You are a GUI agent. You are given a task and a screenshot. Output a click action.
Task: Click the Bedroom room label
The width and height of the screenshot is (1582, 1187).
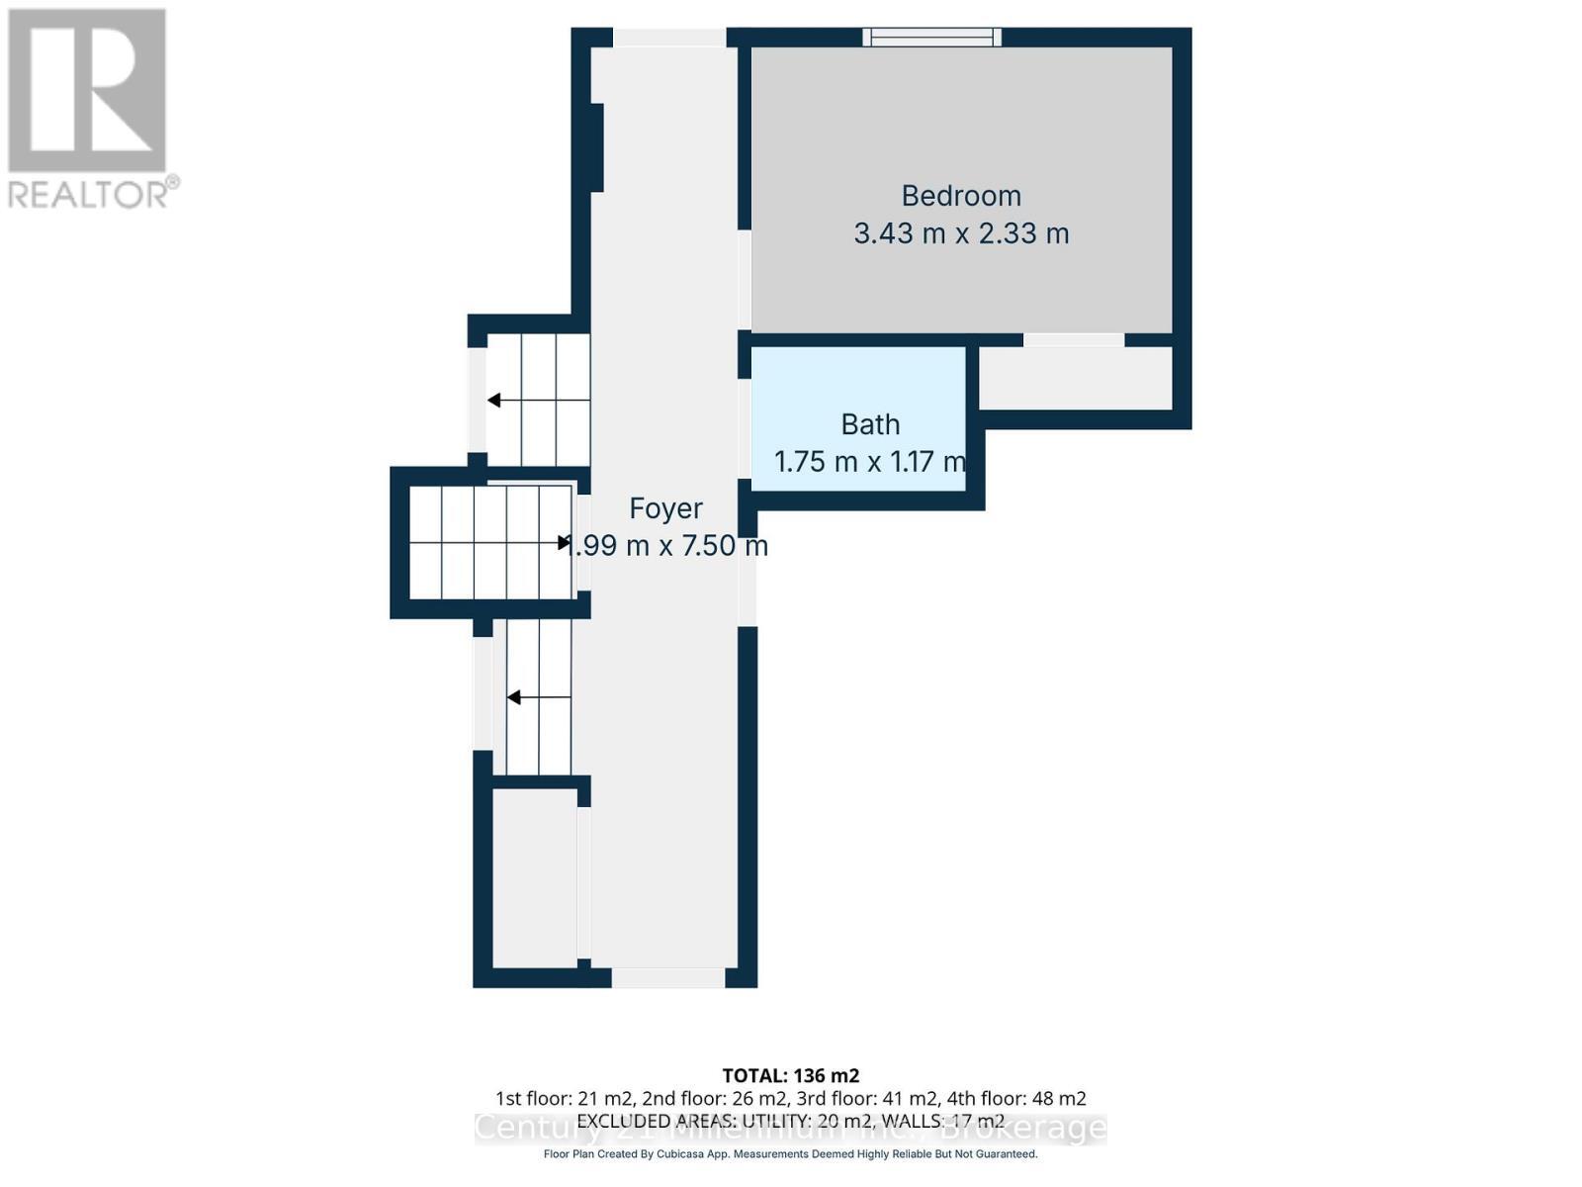tap(960, 196)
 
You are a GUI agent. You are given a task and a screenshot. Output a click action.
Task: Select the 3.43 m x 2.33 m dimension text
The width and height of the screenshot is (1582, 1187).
tap(960, 234)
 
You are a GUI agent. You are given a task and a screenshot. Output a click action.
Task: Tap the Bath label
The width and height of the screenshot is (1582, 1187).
tap(870, 424)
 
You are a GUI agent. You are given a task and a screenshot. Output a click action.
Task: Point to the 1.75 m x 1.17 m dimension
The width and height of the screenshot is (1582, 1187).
tap(869, 462)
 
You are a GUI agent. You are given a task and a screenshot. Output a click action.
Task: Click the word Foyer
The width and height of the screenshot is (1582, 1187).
tap(665, 508)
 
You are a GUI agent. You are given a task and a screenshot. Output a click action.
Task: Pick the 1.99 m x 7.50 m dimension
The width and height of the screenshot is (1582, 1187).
tap(665, 546)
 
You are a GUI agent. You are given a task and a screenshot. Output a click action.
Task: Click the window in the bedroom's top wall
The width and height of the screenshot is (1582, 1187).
tap(931, 38)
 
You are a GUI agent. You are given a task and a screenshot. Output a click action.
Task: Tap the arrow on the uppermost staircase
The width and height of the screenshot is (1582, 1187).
tap(494, 401)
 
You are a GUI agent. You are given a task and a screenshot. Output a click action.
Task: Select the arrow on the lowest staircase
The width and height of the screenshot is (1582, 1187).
tap(514, 698)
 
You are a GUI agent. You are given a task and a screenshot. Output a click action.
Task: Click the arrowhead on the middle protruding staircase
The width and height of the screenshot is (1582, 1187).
tap(566, 542)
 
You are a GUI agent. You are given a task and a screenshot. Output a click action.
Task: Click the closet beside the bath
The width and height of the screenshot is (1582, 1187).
tap(1075, 378)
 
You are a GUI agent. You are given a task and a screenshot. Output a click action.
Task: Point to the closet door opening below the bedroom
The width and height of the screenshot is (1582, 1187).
tap(1074, 340)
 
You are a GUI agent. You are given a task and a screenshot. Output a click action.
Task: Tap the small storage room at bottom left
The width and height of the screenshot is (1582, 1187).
tap(534, 877)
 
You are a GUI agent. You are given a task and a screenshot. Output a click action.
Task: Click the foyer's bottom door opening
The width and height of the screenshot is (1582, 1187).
tap(668, 977)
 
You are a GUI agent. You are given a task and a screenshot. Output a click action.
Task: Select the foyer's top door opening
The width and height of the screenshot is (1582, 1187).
tap(669, 38)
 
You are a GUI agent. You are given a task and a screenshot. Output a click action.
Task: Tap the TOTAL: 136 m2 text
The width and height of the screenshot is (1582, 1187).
tap(791, 1075)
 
